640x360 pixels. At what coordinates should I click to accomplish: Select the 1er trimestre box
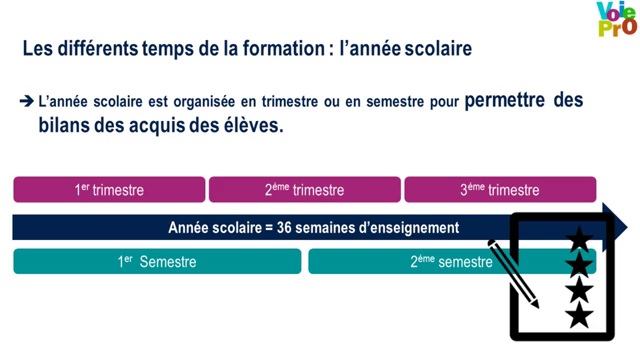[x=109, y=190]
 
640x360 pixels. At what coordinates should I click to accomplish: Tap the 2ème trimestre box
[x=304, y=190]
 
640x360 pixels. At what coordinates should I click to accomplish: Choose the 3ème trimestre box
[x=499, y=190]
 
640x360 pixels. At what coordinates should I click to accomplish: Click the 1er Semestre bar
[x=157, y=262]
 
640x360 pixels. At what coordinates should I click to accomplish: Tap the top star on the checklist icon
[x=579, y=241]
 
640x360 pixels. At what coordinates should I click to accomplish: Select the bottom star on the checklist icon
[x=579, y=317]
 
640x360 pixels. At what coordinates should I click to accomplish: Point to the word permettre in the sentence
[x=509, y=102]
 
